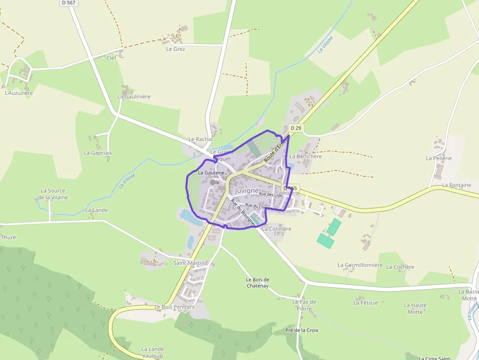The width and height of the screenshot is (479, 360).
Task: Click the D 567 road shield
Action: (69, 3)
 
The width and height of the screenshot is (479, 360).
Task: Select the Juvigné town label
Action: (246, 191)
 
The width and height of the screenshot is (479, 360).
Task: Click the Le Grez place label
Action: (175, 49)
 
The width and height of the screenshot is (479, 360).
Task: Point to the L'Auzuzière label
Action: (19, 92)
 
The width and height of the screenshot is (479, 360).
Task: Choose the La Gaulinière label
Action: (134, 97)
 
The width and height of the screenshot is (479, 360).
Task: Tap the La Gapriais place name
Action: (98, 153)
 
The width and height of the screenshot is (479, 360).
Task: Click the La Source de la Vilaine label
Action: (54, 194)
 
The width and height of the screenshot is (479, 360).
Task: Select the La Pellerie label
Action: (439, 158)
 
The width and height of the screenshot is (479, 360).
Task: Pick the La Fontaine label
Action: (457, 185)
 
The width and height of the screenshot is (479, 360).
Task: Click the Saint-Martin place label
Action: (189, 263)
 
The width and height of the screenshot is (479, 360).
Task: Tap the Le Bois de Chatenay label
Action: (258, 282)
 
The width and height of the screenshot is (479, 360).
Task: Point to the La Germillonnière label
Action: (360, 265)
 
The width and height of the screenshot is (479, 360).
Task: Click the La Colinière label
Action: (277, 229)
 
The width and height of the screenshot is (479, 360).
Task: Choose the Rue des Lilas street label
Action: (271, 194)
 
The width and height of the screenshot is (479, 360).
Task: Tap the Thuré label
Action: (9, 237)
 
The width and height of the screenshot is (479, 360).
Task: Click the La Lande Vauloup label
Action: (152, 352)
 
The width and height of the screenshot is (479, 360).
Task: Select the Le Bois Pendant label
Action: (174, 307)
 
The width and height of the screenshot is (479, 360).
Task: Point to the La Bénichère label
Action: (305, 156)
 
